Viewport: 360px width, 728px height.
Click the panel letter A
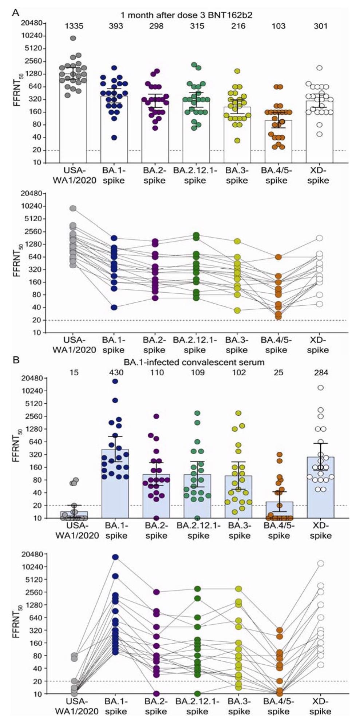(16, 12)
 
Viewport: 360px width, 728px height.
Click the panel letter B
(16, 360)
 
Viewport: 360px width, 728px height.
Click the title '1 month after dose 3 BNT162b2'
(187, 15)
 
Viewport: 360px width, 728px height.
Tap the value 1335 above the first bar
(74, 26)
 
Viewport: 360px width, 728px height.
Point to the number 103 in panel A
(279, 26)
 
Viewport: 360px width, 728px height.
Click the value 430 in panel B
(116, 372)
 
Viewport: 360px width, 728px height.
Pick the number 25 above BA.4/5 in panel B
(279, 372)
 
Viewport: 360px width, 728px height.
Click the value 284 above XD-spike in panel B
(321, 372)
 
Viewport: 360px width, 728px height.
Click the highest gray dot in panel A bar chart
(73, 38)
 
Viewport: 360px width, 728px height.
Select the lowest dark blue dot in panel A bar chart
(114, 138)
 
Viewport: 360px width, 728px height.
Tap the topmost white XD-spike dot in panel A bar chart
(320, 68)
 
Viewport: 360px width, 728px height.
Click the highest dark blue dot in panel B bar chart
(115, 381)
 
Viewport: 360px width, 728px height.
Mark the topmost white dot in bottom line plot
(320, 563)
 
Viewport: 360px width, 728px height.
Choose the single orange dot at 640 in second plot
(278, 257)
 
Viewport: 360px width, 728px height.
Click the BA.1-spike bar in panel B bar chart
(115, 484)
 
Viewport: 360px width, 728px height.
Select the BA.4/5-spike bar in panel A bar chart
(278, 142)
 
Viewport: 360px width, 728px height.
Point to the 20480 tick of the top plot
(33, 23)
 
